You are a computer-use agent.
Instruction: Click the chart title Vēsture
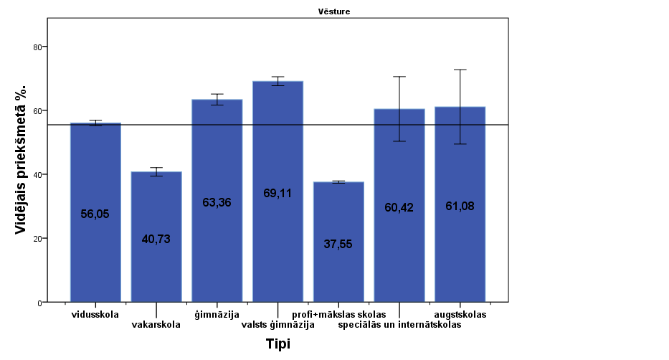click(334, 11)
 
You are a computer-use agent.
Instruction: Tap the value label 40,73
click(156, 240)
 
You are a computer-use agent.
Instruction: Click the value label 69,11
click(277, 193)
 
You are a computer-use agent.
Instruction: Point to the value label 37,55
click(338, 244)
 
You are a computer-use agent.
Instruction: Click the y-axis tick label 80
click(37, 47)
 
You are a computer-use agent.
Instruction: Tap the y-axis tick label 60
click(37, 110)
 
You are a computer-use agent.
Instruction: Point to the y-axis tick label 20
click(37, 239)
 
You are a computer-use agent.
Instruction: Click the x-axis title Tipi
click(277, 344)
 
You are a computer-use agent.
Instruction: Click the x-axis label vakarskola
click(156, 324)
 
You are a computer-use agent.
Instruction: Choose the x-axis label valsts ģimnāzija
click(277, 325)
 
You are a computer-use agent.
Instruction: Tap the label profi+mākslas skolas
click(339, 314)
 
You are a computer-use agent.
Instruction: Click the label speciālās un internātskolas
click(399, 325)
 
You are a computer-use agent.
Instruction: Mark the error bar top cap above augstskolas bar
click(460, 70)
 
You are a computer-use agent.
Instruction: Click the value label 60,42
click(399, 208)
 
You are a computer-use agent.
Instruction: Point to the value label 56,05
click(95, 214)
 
